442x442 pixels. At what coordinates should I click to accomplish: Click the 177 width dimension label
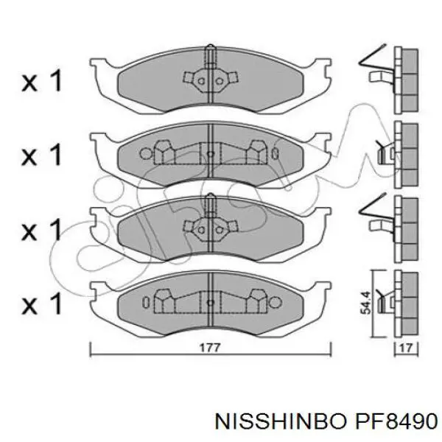210,348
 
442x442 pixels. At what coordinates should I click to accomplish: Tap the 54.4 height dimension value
366,303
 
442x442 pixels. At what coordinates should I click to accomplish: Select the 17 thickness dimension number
406,348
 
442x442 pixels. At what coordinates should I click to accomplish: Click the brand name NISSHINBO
280,421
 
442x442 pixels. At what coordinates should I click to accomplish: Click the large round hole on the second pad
146,154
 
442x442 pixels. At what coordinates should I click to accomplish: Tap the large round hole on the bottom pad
276,303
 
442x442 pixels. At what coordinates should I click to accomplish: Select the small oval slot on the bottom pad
146,303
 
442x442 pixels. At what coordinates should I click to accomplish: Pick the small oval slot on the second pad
275,154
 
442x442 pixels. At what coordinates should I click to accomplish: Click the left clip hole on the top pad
201,82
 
